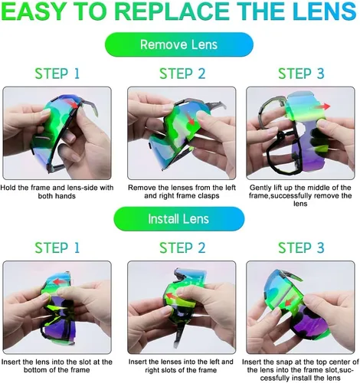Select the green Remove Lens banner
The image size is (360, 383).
coord(179,44)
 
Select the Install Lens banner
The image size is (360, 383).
coord(178,219)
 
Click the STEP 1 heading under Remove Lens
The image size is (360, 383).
coord(57,74)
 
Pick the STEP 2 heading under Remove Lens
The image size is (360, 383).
coord(182,74)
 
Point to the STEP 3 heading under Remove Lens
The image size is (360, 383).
coord(301,74)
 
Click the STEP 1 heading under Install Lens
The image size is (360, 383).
coord(57,247)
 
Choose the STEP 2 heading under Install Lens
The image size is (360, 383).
coord(182,247)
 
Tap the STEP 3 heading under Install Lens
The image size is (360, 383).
coord(301,247)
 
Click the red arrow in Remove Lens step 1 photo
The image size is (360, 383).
coord(72,103)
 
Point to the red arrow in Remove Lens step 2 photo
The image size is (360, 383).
coord(190,118)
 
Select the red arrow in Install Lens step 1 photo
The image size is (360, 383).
coord(60,282)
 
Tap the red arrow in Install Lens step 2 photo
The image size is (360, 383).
coord(172,296)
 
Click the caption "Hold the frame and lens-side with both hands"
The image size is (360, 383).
coord(57,191)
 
